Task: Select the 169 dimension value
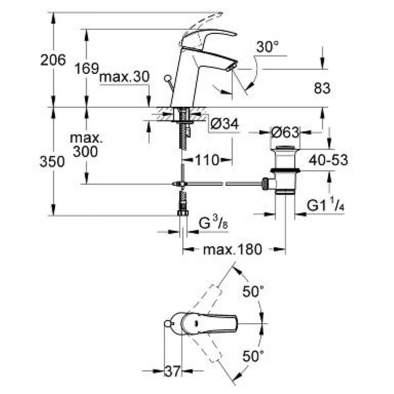pyautogui.click(x=87, y=68)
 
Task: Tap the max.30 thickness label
pyautogui.click(x=123, y=78)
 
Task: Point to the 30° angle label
pyautogui.click(x=267, y=48)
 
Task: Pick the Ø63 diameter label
pyautogui.click(x=286, y=132)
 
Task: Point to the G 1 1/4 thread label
pyautogui.click(x=325, y=206)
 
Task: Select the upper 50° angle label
pyautogui.click(x=253, y=292)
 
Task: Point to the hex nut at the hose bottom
pyautogui.click(x=183, y=213)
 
